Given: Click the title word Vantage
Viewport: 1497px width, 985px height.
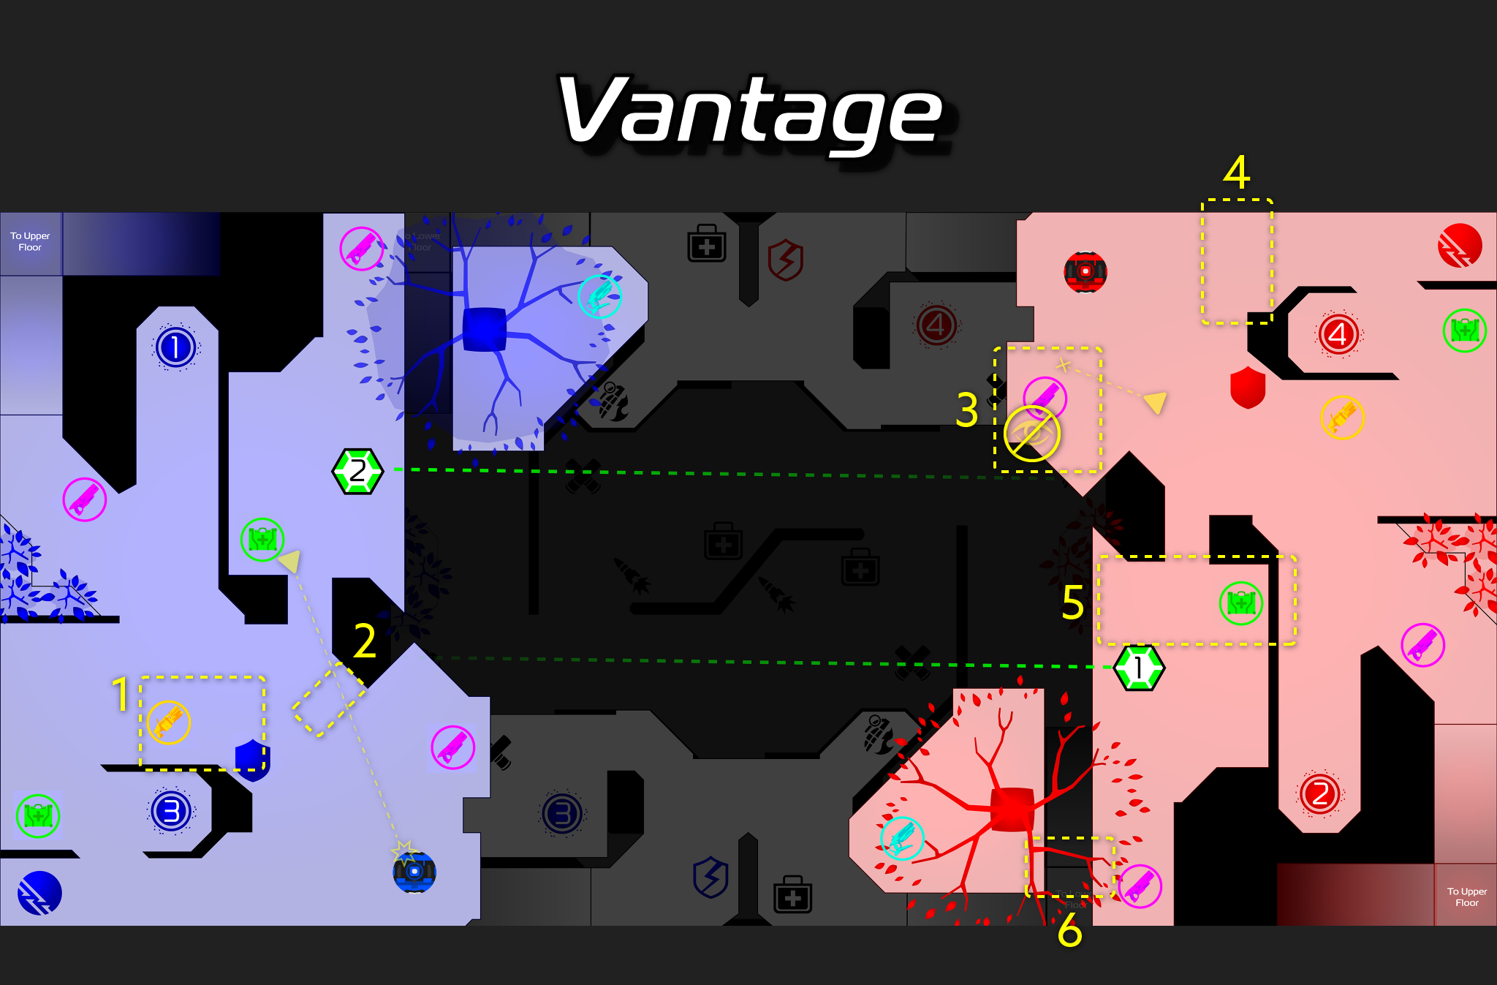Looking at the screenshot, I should pyautogui.click(x=750, y=111).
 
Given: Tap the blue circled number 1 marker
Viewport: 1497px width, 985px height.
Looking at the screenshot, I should pyautogui.click(x=175, y=347).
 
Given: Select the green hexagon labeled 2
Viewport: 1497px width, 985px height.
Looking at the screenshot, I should pyautogui.click(x=357, y=472).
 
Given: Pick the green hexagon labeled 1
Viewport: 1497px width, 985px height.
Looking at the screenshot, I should pyautogui.click(x=1138, y=668).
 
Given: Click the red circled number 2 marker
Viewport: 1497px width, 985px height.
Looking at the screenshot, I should pyautogui.click(x=1319, y=793).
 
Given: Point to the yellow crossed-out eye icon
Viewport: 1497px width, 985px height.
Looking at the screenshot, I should pyautogui.click(x=1031, y=434).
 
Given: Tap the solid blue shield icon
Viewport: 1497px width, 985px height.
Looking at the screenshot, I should pyautogui.click(x=253, y=759).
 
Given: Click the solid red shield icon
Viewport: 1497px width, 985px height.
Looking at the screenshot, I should pyautogui.click(x=1248, y=387).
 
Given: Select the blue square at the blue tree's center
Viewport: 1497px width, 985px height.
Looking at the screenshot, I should pyautogui.click(x=485, y=329).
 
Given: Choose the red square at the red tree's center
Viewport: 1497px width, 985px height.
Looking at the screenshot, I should pyautogui.click(x=1012, y=809).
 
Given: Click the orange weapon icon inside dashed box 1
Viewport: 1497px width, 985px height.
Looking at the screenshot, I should pyautogui.click(x=169, y=722).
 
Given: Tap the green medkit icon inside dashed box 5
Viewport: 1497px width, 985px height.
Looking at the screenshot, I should pyautogui.click(x=1240, y=603).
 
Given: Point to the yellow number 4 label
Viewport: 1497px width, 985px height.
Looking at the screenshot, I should pyautogui.click(x=1236, y=173).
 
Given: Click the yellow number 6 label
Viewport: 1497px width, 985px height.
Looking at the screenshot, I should pyautogui.click(x=1069, y=930).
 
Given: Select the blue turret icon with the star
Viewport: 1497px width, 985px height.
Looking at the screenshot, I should pyautogui.click(x=414, y=872).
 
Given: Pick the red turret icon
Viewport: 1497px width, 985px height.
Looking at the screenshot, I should pyautogui.click(x=1085, y=272).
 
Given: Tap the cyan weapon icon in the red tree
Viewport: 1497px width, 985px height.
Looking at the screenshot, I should pyautogui.click(x=902, y=838).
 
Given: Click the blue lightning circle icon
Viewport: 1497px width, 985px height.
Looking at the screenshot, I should pyautogui.click(x=39, y=893).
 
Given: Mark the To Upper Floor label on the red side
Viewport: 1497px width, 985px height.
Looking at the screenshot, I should pyautogui.click(x=1466, y=897).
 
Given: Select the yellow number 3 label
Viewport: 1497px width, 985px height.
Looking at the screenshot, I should pyautogui.click(x=966, y=410).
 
